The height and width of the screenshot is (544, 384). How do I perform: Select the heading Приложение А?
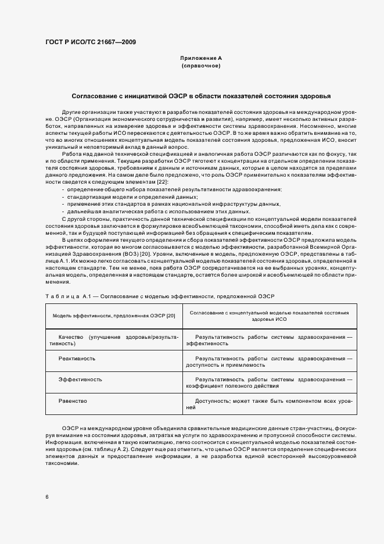point(201,59)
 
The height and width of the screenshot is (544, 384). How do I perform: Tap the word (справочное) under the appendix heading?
point(201,66)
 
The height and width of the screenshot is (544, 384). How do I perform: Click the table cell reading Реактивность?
point(77,359)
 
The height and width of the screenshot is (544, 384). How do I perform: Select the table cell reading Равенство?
point(73,401)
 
